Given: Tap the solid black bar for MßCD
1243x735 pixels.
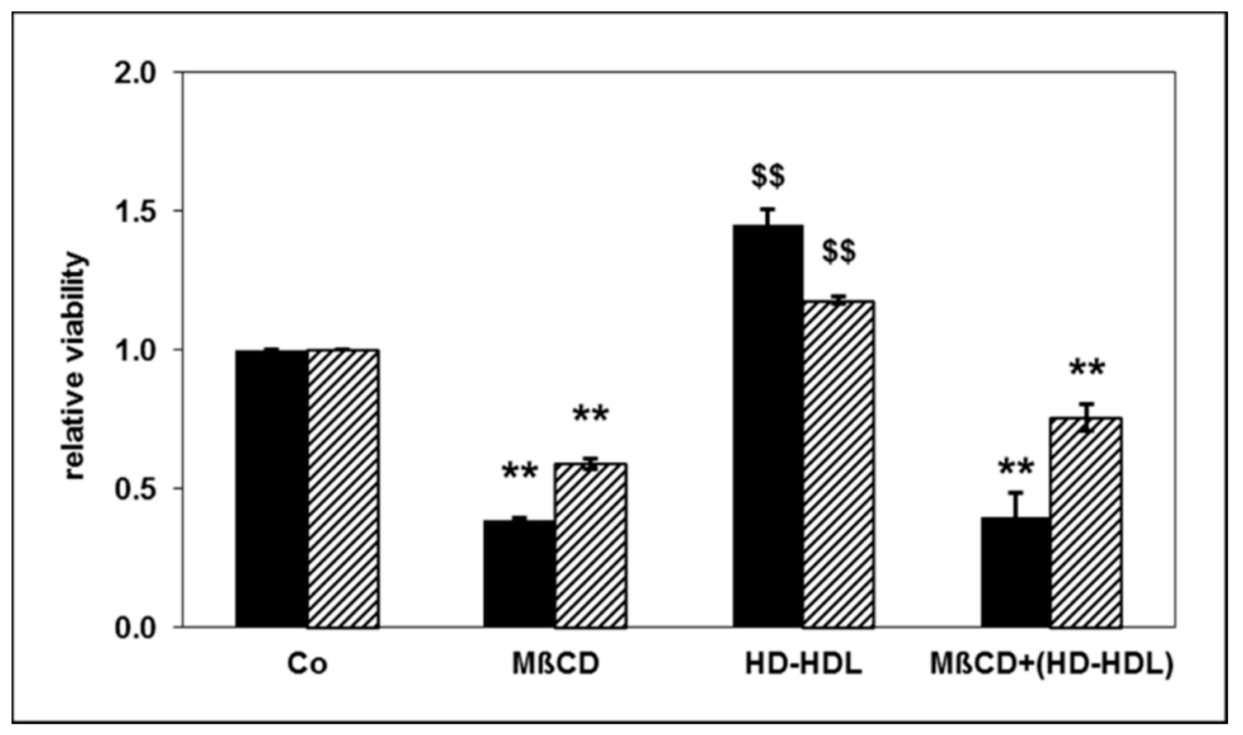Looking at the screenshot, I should coord(520,574).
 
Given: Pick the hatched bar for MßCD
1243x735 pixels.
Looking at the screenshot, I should coord(591,545).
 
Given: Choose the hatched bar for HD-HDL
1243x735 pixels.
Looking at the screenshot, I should coord(839,464).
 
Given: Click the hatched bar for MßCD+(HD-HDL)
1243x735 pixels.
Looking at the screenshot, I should coord(1086,522).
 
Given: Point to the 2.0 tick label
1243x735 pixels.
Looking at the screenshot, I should coord(136,73).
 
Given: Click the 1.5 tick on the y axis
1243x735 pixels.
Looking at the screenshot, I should coord(136,211).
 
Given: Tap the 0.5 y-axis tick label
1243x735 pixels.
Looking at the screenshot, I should coord(136,489).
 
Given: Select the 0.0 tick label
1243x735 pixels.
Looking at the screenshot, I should coord(136,628).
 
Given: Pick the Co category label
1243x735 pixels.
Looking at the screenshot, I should coord(307,665).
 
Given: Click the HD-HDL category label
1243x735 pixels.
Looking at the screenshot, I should coord(803,665).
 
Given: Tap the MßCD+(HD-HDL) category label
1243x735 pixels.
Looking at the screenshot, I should coord(1052,665).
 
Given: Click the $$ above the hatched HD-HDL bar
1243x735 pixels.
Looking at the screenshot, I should coord(839,251).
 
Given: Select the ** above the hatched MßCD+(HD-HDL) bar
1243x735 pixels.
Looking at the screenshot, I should coord(1087,370).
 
